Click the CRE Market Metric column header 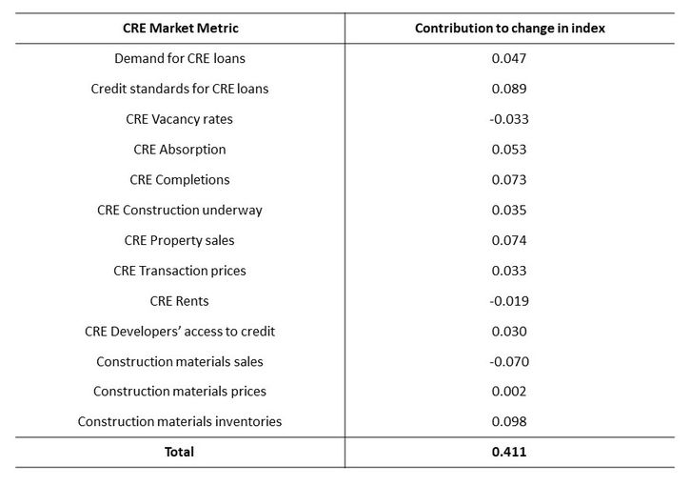[180, 28]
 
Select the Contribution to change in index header [509, 28]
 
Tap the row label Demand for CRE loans [180, 58]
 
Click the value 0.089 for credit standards [509, 89]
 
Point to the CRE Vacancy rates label [180, 119]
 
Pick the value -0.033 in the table [509, 119]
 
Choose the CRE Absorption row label [180, 150]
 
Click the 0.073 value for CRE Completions [509, 179]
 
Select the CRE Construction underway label [180, 210]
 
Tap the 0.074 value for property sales [509, 240]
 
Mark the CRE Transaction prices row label [180, 271]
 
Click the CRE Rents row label [180, 301]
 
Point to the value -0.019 [509, 301]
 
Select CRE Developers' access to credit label [180, 332]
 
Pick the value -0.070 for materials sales [509, 361]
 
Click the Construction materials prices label [180, 391]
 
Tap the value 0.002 [509, 391]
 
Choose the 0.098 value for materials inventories [509, 421]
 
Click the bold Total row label [180, 452]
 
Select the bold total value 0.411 [509, 452]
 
